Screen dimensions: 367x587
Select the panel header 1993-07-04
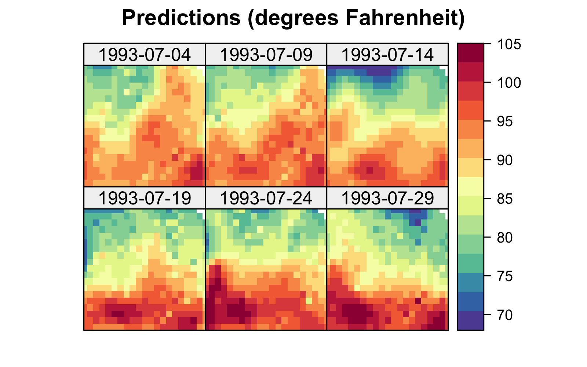tap(145, 55)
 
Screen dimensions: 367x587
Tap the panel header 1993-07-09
tap(266, 55)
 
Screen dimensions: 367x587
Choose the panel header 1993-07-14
tap(387, 55)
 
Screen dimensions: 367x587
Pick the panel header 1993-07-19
tap(145, 198)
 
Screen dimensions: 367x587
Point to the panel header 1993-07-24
tap(266, 198)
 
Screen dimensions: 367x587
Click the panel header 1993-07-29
tap(387, 198)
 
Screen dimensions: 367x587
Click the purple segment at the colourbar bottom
tap(470, 320)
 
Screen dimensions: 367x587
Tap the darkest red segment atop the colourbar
tap(470, 52)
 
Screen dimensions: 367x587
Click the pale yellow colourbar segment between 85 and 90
tap(470, 186)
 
